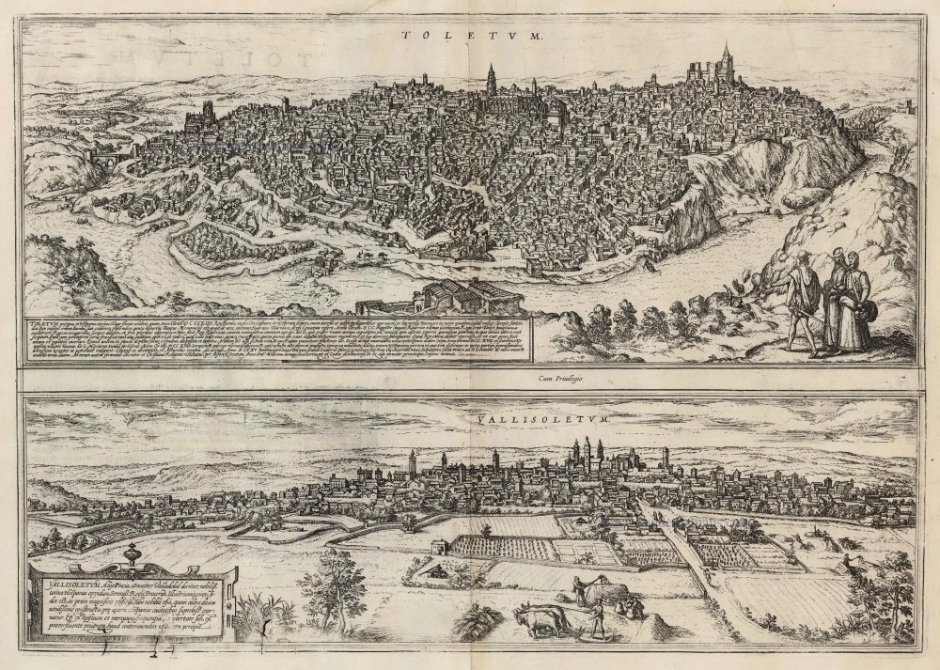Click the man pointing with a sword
pos(801,300)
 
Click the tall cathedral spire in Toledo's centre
pos(491,82)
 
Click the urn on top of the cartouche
pos(132,554)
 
